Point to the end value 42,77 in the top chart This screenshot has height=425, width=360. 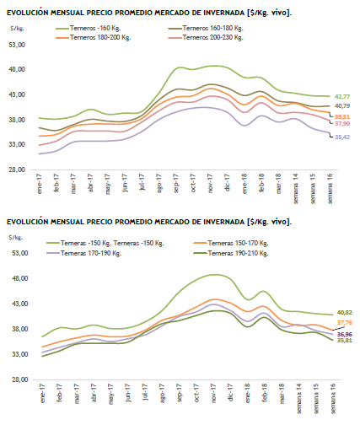pos(342,97)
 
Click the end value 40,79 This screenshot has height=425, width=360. pos(342,106)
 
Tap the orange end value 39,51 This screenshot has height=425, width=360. pos(342,117)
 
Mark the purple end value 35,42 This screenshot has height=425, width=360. pos(342,137)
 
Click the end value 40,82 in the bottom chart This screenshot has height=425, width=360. pos(345,313)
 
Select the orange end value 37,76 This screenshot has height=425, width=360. pos(345,323)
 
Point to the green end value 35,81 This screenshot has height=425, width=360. pos(345,341)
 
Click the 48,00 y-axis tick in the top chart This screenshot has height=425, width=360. pos(17,69)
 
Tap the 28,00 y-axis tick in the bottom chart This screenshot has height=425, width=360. pos(20,379)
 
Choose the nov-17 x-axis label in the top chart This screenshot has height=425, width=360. pos(211,183)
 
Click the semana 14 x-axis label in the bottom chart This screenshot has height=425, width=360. pos(298,399)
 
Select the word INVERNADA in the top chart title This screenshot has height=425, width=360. pos(224,13)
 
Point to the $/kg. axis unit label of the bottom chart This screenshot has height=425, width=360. pos(16,238)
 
